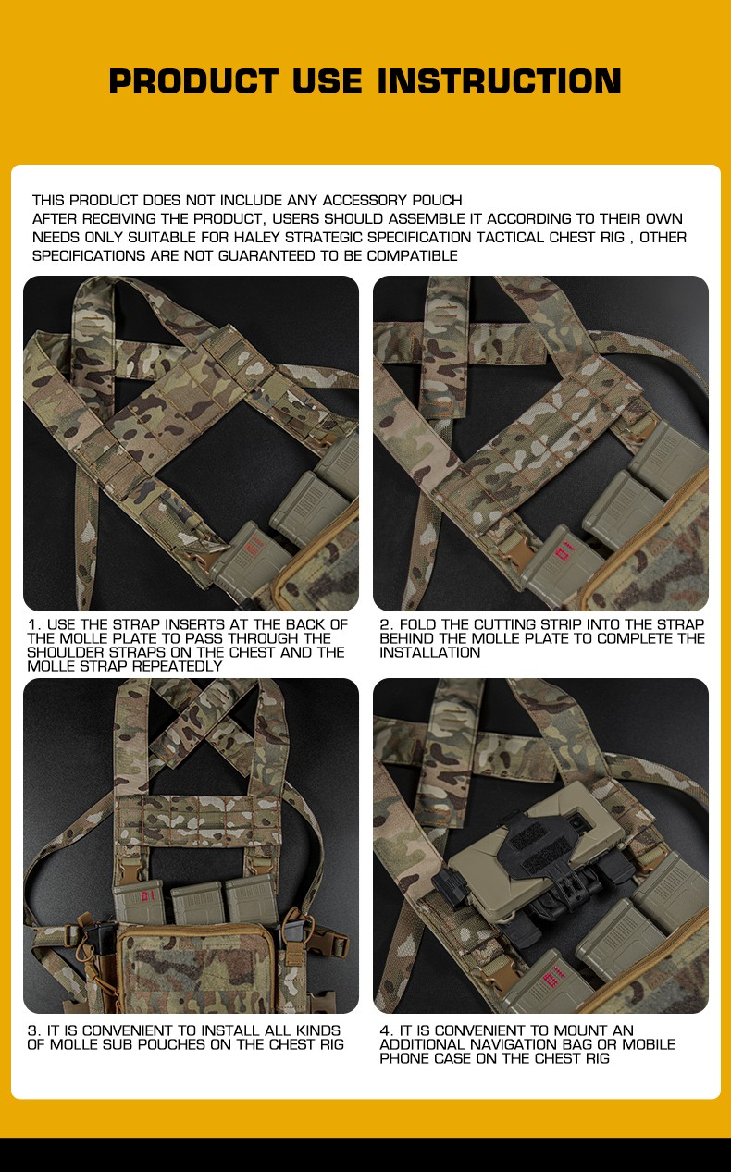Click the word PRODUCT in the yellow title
tap(192, 81)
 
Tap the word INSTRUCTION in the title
tap(500, 81)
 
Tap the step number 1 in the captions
tap(32, 625)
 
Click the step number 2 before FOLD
tap(384, 625)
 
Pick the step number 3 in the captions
tap(32, 1030)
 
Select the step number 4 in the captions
tap(385, 1030)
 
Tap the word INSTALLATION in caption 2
tap(429, 652)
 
